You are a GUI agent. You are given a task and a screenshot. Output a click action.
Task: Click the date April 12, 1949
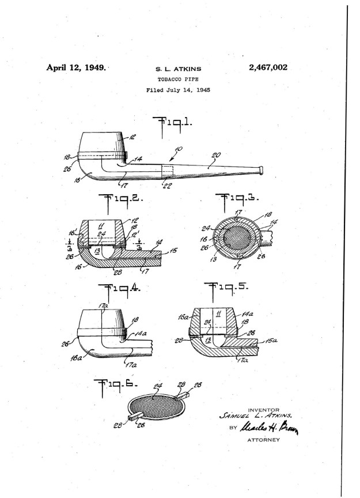(x=76, y=68)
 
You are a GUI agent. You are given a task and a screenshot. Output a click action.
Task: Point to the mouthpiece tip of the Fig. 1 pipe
(x=262, y=169)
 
